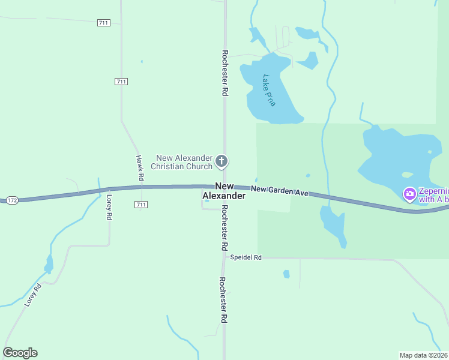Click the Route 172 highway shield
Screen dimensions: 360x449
coord(11,199)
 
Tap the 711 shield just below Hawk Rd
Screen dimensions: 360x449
coord(141,205)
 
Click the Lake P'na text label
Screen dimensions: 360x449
coord(269,91)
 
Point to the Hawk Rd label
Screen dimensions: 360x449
coord(139,168)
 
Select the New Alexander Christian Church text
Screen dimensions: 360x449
coord(182,162)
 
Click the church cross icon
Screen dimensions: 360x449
coord(221,161)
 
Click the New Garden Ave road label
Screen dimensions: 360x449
coord(279,191)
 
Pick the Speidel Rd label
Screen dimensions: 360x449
coord(246,257)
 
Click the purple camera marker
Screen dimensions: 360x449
coord(410,194)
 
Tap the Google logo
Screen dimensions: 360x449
coord(20,353)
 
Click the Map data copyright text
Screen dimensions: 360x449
coord(423,355)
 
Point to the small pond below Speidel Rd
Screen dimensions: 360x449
coord(286,274)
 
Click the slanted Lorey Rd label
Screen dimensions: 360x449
coord(33,295)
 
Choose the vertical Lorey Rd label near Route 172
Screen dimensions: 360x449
coord(109,207)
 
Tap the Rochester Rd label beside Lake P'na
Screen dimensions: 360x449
coord(224,73)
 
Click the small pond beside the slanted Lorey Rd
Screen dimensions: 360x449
coord(49,264)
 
